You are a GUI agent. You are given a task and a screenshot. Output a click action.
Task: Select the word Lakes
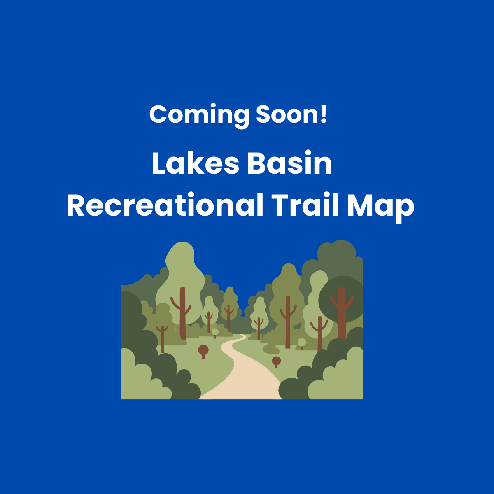[x=195, y=164]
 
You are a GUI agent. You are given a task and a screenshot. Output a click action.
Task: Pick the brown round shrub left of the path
[x=203, y=350]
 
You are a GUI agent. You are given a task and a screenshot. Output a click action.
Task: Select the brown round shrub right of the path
[x=276, y=361]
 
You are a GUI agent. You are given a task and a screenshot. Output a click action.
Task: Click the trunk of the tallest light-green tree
[x=182, y=313]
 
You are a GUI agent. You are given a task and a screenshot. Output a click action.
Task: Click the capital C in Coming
[x=158, y=114]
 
